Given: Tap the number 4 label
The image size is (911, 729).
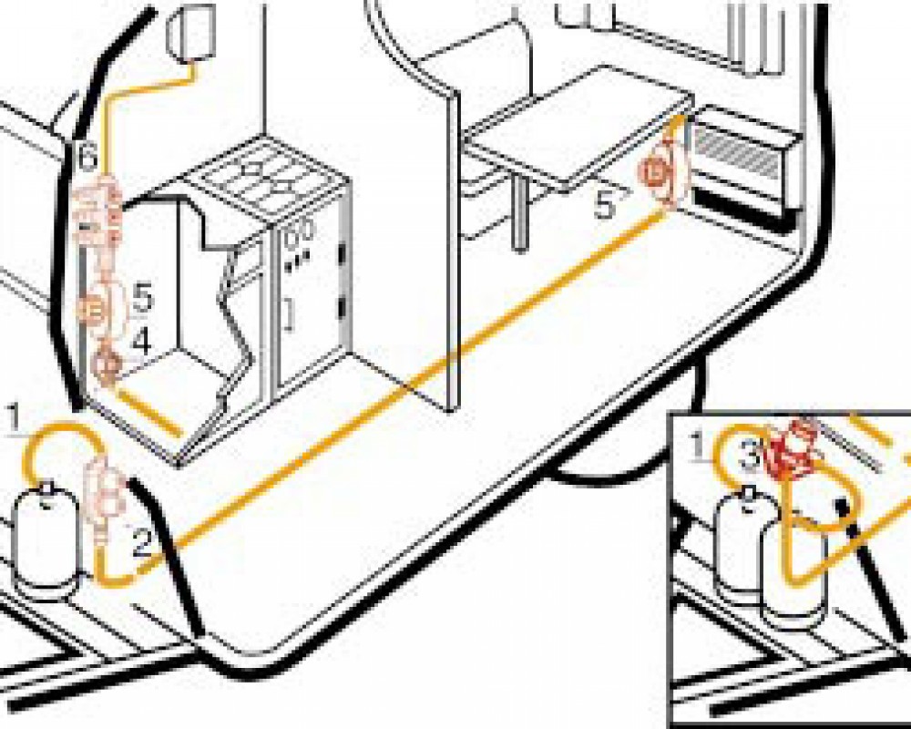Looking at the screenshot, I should pos(140,342).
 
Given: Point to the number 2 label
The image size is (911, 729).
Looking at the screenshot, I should pos(140,544).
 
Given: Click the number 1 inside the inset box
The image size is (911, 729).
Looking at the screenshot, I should pos(697,446).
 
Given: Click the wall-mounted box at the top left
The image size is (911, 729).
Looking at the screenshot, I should pos(192,32).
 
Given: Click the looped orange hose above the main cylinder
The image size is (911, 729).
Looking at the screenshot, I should pos(59,447).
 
